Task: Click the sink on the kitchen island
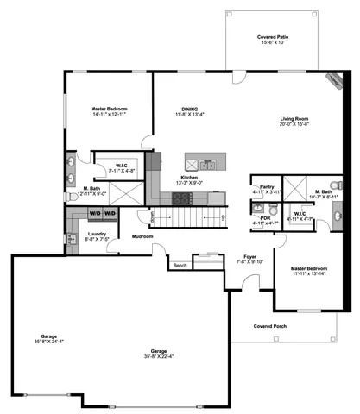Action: click(x=207, y=164)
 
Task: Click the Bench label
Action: click(x=180, y=265)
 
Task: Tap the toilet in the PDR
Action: click(x=258, y=207)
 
